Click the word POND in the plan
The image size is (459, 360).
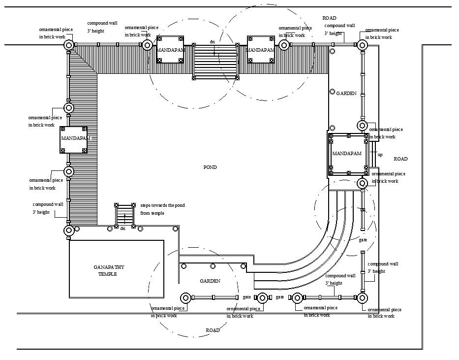pyautogui.click(x=210, y=167)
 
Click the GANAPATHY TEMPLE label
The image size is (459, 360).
pyautogui.click(x=109, y=270)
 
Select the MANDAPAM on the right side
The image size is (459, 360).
pyautogui.click(x=347, y=154)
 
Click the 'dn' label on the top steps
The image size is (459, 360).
pyautogui.click(x=213, y=42)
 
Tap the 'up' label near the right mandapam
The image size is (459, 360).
pyautogui.click(x=380, y=155)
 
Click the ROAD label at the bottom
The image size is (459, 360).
pyautogui.click(x=213, y=330)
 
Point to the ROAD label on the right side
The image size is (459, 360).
pyautogui.click(x=400, y=159)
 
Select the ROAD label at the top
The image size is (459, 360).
pyautogui.click(x=329, y=18)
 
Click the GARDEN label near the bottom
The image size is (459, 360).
pyautogui.click(x=210, y=281)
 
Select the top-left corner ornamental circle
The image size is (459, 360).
pyautogui.click(x=68, y=45)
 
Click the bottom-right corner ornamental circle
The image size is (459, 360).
pyautogui.click(x=362, y=298)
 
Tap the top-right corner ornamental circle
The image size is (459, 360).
pyautogui.click(x=362, y=45)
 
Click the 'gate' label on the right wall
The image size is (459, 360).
pyautogui.click(x=363, y=240)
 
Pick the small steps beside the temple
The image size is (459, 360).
pyautogui.click(x=124, y=215)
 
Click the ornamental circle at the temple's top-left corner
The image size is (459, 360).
pyautogui.click(x=68, y=230)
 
